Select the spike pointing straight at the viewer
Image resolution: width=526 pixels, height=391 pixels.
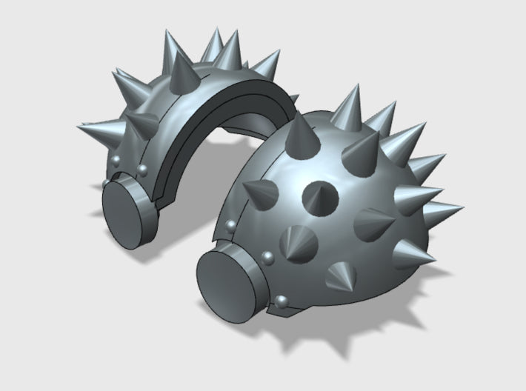[321, 195]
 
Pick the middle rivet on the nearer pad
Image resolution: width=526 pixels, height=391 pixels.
[267, 257]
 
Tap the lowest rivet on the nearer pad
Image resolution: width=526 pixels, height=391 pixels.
[282, 300]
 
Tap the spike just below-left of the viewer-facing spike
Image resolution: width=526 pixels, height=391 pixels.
[299, 241]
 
